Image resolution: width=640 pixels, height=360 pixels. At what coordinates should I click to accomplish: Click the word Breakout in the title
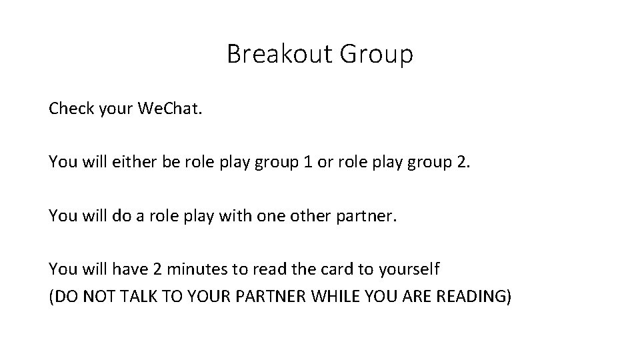pyautogui.click(x=280, y=54)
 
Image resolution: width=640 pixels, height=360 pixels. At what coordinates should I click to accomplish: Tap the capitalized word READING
pyautogui.click(x=475, y=296)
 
